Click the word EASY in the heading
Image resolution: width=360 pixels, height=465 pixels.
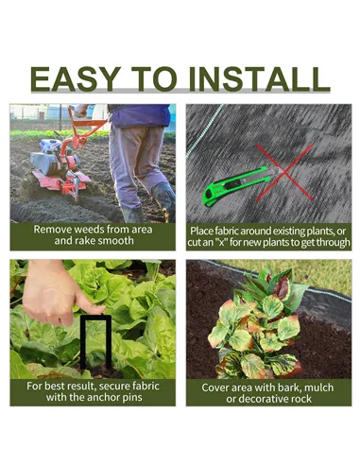[x=76, y=78]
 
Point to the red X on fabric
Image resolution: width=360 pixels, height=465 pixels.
[x=284, y=172]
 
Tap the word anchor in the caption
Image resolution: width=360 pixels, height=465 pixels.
[x=101, y=397]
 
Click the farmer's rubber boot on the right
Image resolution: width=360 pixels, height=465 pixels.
[x=163, y=200]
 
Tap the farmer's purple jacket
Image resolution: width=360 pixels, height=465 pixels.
[x=139, y=115]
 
